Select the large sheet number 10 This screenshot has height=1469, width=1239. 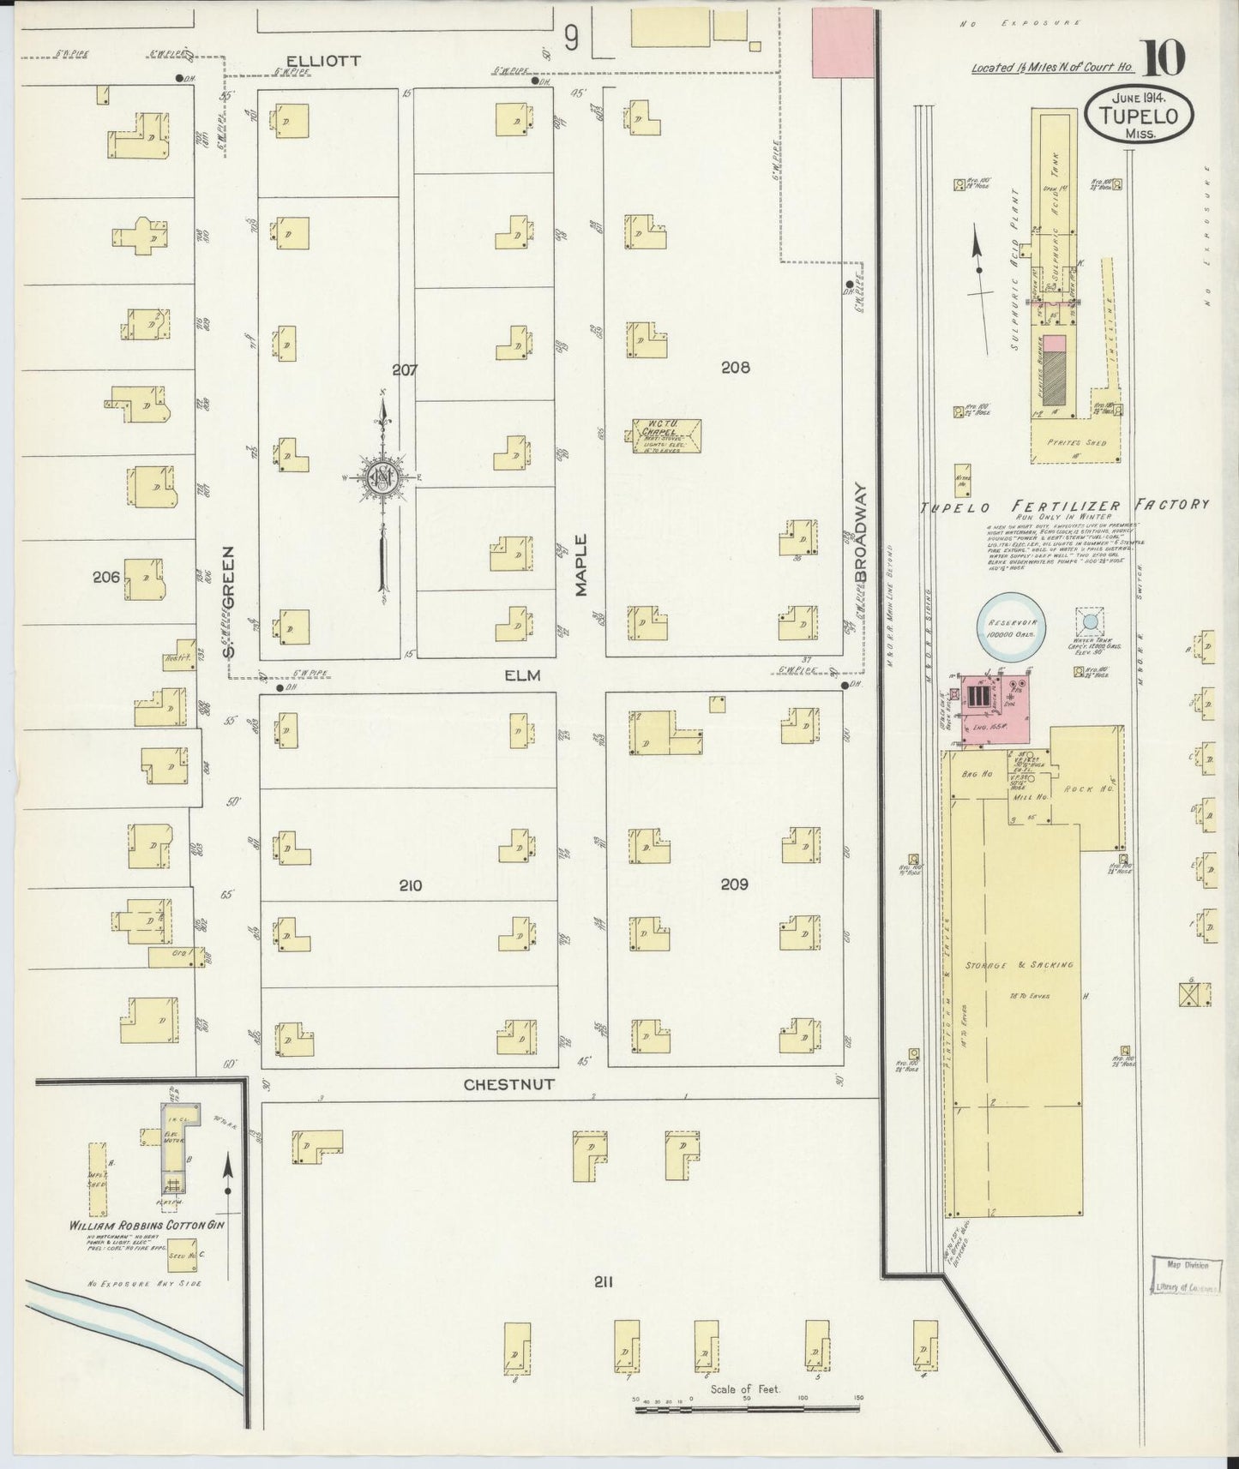click(1164, 57)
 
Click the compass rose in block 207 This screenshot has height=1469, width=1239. click(380, 480)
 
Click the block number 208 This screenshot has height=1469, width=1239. click(735, 368)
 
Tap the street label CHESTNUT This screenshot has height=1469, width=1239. click(508, 1084)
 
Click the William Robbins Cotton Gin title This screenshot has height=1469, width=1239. click(147, 1226)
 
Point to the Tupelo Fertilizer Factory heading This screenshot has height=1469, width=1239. click(1063, 506)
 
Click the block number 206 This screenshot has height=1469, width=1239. click(106, 578)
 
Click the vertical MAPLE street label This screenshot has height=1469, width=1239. click(581, 566)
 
